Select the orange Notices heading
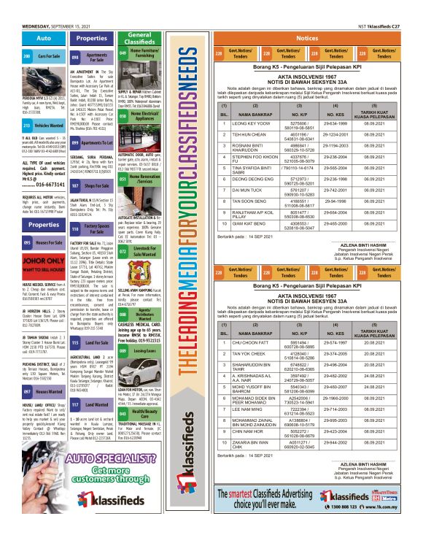click(x=307, y=38)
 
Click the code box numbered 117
click(x=75, y=404)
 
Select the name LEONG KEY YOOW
click(x=260, y=126)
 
